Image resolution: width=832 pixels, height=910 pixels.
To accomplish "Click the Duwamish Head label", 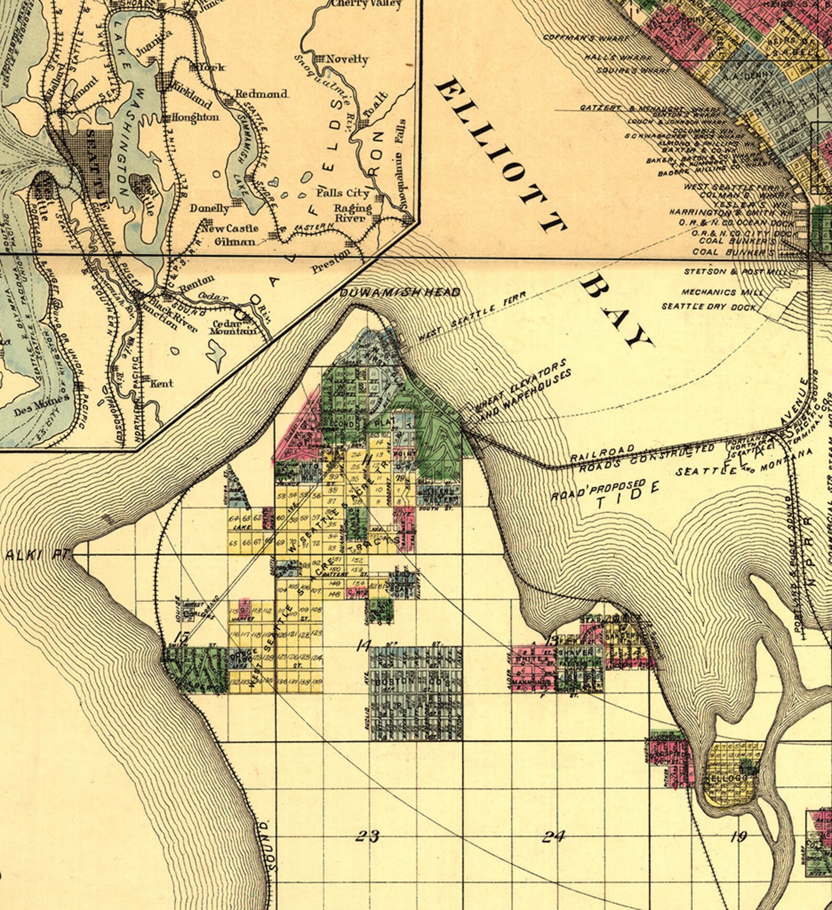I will click(x=400, y=292).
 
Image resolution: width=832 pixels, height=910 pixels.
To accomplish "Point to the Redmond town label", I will click(x=261, y=94).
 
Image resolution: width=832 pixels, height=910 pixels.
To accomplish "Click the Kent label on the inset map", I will click(x=161, y=383).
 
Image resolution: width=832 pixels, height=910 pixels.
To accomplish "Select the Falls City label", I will click(x=343, y=193).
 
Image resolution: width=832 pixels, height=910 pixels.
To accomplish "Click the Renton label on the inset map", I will click(x=196, y=284).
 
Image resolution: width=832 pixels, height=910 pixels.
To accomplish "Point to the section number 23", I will click(x=367, y=836).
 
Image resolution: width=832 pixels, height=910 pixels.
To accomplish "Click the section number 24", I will click(x=553, y=836).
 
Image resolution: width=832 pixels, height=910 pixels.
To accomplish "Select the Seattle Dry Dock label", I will click(x=708, y=306).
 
